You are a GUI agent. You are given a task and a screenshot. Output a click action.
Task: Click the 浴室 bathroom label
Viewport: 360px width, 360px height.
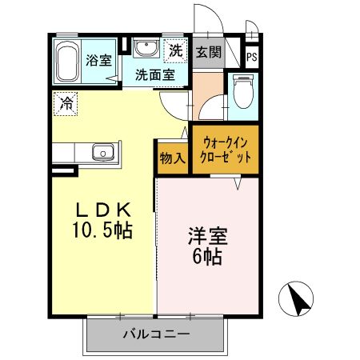click(100, 59)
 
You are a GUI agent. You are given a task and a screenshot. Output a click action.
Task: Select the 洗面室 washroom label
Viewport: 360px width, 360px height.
click(154, 76)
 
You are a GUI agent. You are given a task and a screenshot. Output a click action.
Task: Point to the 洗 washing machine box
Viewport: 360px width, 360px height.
click(175, 50)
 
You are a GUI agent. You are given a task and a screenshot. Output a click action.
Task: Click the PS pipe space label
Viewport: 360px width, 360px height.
click(252, 57)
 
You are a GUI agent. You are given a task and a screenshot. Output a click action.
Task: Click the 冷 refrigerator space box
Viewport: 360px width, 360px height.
click(66, 102)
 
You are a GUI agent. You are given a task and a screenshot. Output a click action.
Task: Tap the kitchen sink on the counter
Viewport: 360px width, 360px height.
click(102, 152)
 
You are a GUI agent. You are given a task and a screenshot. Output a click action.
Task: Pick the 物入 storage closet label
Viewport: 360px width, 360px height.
click(172, 158)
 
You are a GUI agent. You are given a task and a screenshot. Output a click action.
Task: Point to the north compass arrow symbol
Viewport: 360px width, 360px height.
click(299, 300)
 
